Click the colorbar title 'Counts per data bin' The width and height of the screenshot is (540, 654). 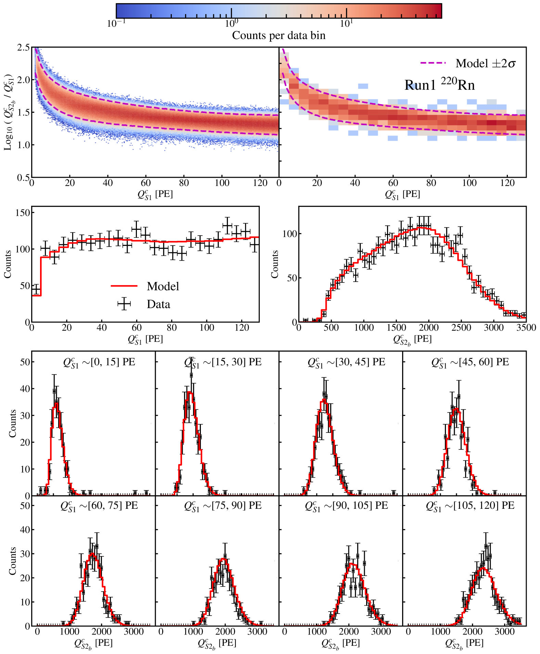pyautogui.click(x=279, y=35)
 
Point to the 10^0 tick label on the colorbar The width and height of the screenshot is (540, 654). pyautogui.click(x=231, y=24)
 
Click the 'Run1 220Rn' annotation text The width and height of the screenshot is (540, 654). pyautogui.click(x=440, y=85)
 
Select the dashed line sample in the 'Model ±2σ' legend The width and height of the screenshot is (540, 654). pyautogui.click(x=433, y=63)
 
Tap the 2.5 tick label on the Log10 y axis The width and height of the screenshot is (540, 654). pyautogui.click(x=23, y=48)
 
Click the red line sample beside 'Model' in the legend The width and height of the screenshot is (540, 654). pyautogui.click(x=124, y=286)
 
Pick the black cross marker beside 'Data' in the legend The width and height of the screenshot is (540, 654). pyautogui.click(x=124, y=304)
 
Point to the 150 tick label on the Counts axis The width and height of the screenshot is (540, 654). pyautogui.click(x=23, y=213)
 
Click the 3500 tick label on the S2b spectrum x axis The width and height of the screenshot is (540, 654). pyautogui.click(x=526, y=328)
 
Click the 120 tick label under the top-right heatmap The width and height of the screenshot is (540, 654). pyautogui.click(x=507, y=183)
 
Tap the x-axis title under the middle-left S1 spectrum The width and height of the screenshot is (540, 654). pyautogui.click(x=145, y=339)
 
